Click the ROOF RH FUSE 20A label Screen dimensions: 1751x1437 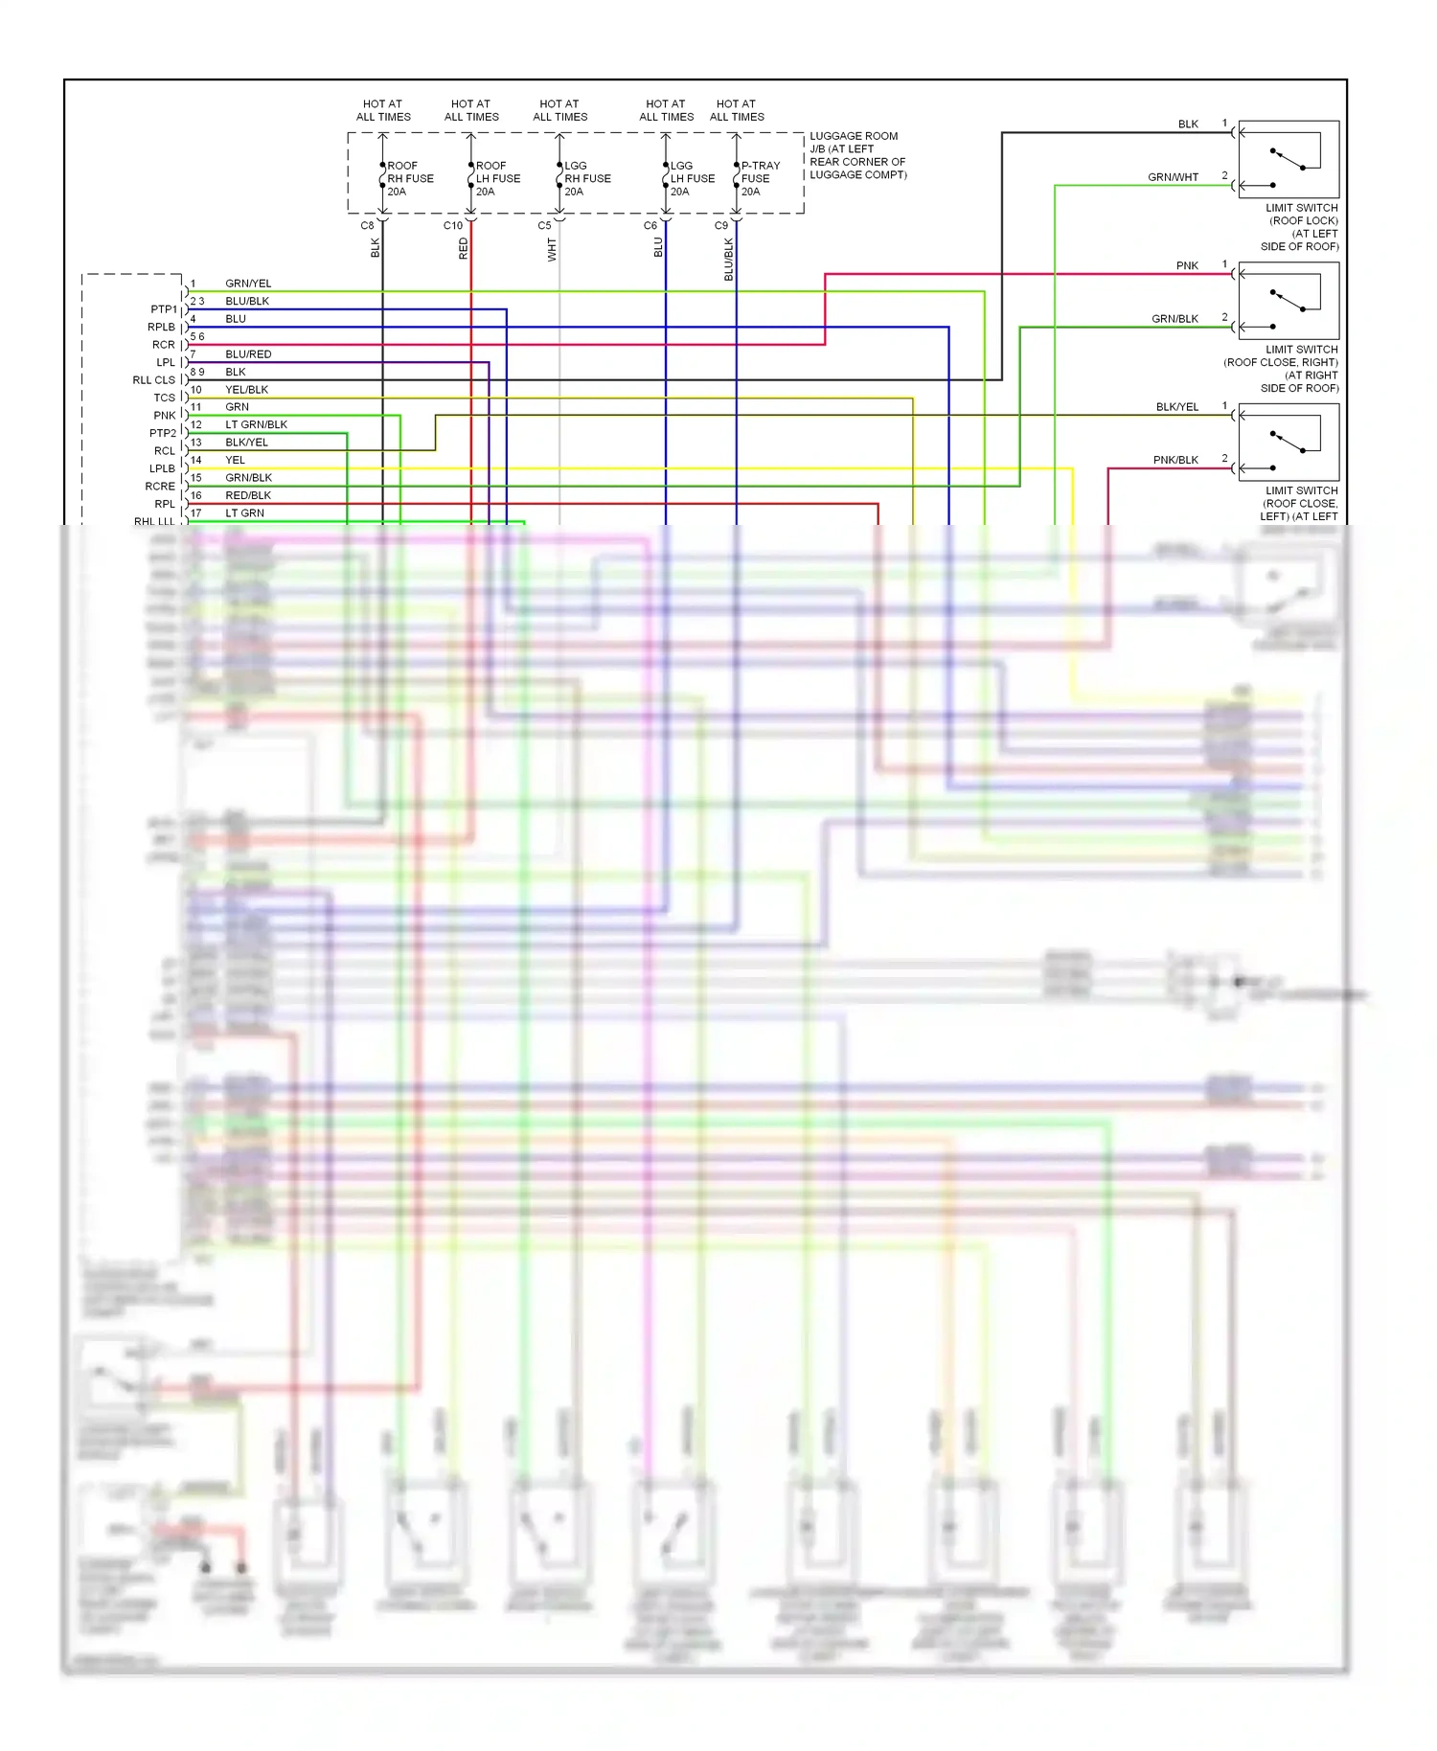coord(410,179)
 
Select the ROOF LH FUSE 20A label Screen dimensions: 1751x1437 coord(498,179)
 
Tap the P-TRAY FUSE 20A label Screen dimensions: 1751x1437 coord(760,179)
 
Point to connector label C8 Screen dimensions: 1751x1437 coord(367,226)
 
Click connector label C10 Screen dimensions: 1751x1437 coord(453,226)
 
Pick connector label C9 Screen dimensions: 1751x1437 coord(721,226)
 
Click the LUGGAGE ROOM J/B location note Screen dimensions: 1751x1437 coord(857,155)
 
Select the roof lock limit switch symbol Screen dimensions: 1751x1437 coord(1289,159)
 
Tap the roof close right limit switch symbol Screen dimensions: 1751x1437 coord(1289,301)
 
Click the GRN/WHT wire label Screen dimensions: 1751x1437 coord(1173,177)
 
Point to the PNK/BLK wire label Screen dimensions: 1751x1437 coord(1175,460)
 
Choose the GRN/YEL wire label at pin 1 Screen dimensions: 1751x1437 coord(248,284)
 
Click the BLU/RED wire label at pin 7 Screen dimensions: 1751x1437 coord(248,354)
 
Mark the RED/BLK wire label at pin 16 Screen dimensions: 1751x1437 coord(248,495)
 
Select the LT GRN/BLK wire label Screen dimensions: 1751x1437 coord(256,424)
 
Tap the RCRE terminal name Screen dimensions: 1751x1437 coord(160,487)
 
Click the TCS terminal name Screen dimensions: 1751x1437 coord(165,398)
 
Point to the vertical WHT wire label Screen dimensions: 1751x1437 coord(552,250)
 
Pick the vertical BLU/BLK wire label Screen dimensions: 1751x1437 coord(728,259)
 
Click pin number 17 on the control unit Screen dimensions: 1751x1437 coord(195,513)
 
